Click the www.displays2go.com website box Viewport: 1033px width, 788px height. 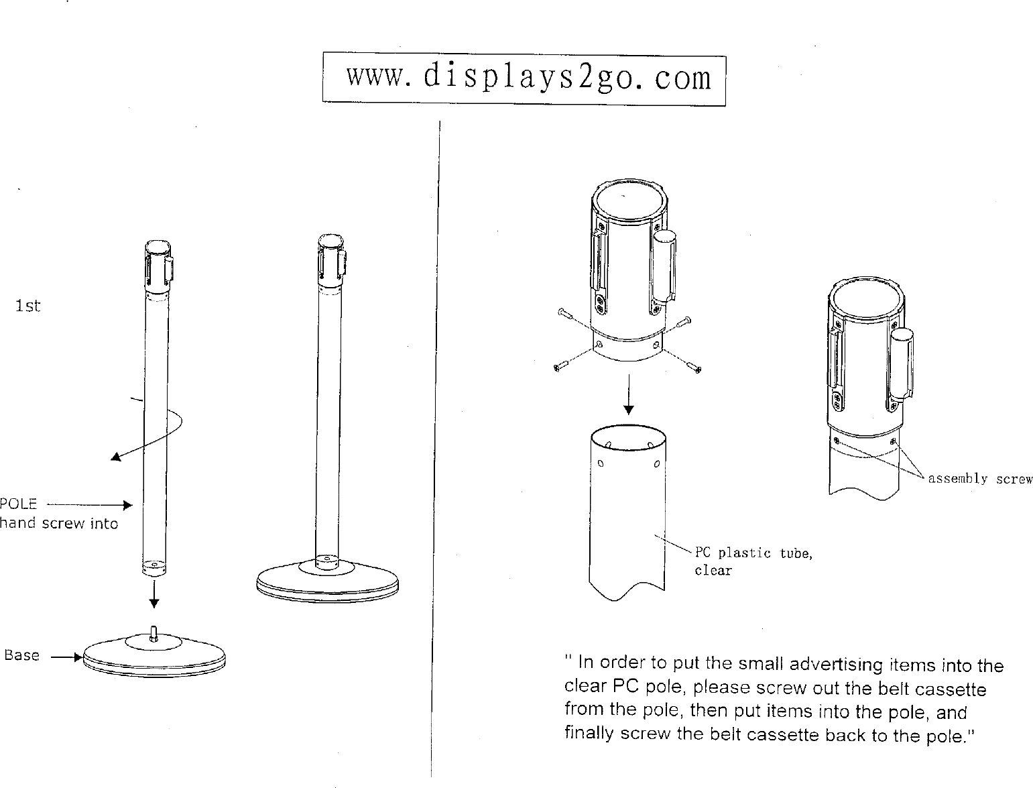[524, 79]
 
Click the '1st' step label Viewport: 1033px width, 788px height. [28, 306]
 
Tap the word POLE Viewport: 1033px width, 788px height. [18, 504]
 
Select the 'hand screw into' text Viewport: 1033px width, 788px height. [59, 524]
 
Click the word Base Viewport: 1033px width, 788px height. [22, 655]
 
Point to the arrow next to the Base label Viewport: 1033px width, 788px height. [66, 658]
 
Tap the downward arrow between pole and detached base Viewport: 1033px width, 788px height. [154, 594]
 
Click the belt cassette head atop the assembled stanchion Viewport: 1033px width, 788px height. [330, 262]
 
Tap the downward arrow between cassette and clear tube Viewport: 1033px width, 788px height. [628, 395]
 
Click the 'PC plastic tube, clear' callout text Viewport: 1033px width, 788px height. [753, 561]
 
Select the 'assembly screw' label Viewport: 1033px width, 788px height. [980, 479]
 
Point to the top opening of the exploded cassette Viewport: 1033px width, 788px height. [629, 201]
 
